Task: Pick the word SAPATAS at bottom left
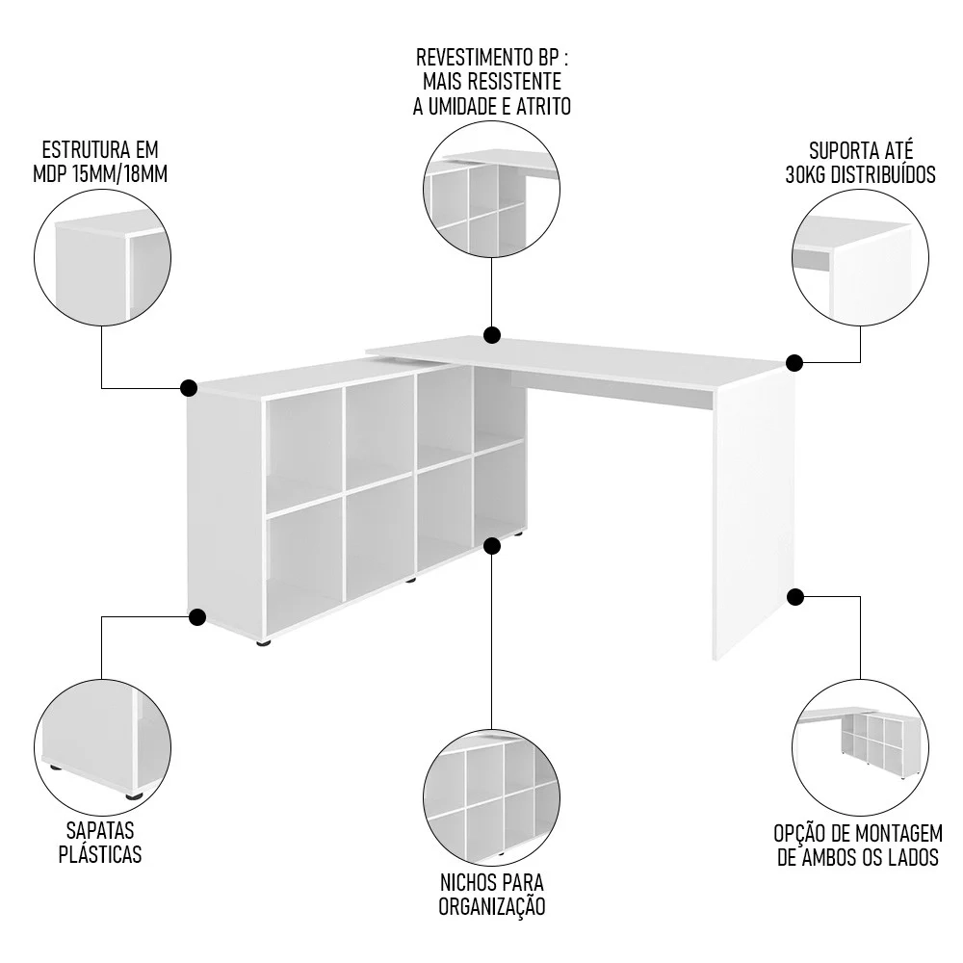(100, 831)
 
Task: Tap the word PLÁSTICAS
(100, 854)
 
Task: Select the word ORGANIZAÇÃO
(492, 906)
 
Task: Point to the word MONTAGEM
(895, 833)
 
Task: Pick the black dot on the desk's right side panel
(794, 597)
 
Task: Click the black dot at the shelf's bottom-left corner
(197, 616)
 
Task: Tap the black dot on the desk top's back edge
(492, 335)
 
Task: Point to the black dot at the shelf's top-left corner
(189, 388)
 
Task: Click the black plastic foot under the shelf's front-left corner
(265, 641)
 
